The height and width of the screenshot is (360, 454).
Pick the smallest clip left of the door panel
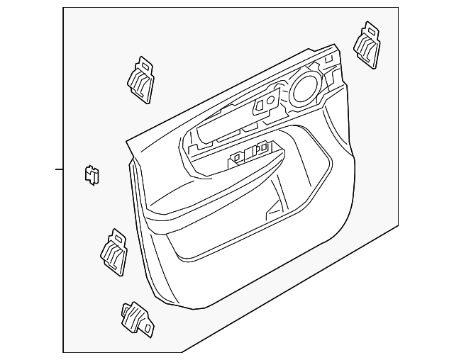click(92, 174)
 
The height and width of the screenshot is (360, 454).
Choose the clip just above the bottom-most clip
click(114, 252)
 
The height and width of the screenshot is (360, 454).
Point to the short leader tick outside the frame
click(59, 169)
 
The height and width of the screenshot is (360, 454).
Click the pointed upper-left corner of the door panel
click(127, 142)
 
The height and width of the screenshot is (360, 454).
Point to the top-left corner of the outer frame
click(64, 9)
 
